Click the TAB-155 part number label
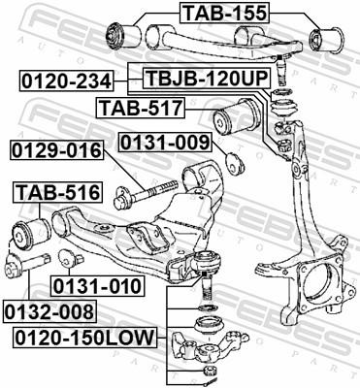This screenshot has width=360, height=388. click(223, 13)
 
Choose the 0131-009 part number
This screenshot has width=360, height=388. click(165, 144)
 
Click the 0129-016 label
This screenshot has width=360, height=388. click(57, 151)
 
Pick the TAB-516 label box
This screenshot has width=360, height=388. click(55, 192)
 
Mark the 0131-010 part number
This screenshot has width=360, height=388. click(97, 286)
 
